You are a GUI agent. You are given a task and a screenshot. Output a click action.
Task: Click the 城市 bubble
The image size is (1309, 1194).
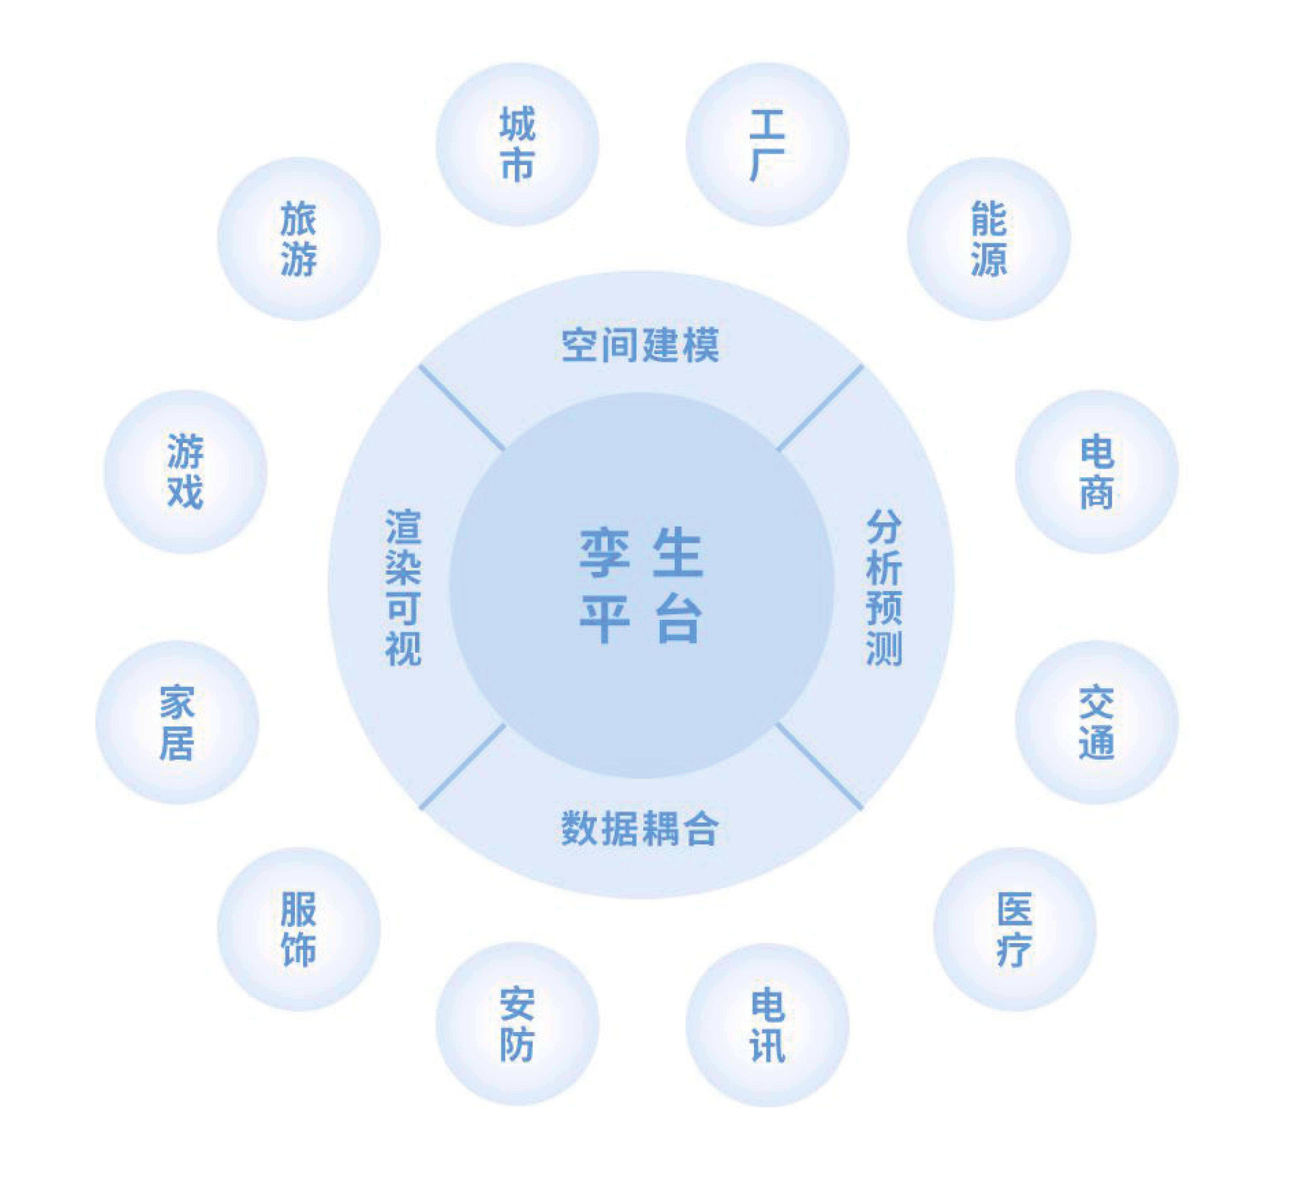517,144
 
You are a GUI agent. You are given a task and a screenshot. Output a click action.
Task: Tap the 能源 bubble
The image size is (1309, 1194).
988,238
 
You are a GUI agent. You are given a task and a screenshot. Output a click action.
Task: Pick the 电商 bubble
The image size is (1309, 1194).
1097,471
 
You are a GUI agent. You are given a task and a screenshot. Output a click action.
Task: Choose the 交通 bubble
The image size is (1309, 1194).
1097,722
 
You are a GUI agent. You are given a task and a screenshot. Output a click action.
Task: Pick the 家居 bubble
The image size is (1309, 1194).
177,722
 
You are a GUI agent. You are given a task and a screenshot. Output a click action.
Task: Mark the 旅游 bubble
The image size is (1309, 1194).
299,238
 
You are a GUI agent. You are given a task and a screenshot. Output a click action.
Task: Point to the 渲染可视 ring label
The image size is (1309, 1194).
403,587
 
